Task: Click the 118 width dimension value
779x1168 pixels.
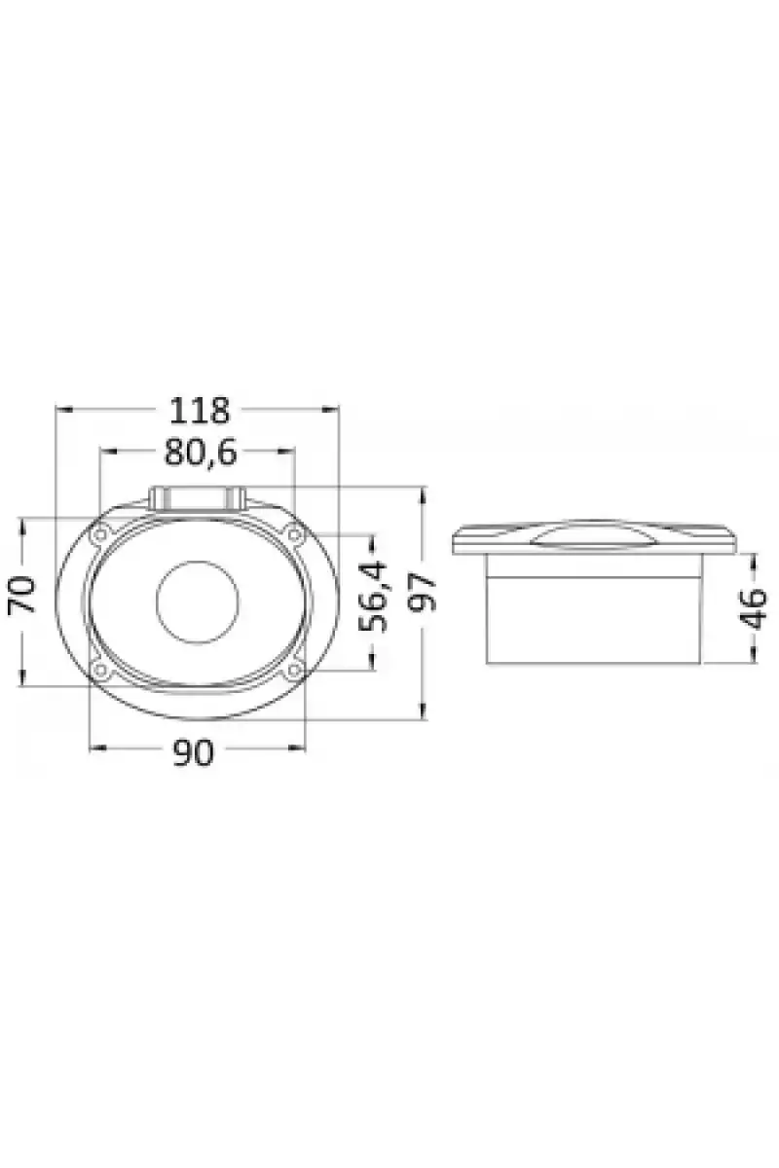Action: [200, 412]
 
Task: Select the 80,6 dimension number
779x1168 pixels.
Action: [201, 453]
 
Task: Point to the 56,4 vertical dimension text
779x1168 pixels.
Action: [374, 596]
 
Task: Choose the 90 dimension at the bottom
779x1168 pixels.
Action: [193, 753]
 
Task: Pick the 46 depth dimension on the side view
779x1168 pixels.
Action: [752, 608]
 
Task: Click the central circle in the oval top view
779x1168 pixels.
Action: [198, 602]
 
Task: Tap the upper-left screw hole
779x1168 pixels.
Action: [100, 535]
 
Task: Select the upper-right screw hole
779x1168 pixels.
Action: [294, 535]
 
